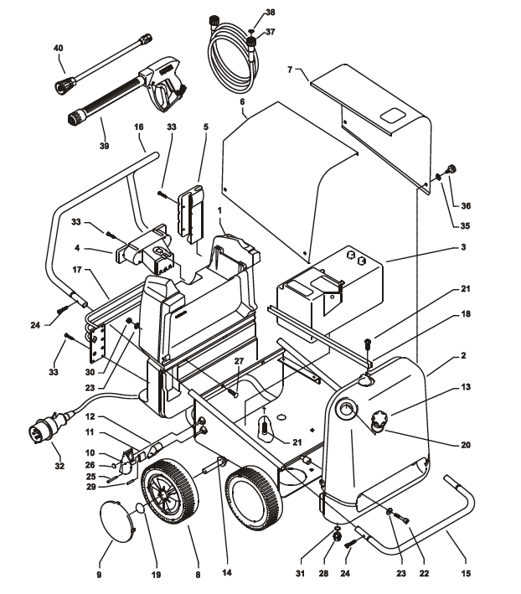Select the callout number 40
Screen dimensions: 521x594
(x=59, y=48)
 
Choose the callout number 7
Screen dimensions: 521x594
(x=290, y=70)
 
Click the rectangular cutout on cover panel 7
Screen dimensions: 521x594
(x=393, y=115)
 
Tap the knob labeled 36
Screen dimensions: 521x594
(x=451, y=169)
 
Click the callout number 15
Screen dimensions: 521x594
(x=466, y=574)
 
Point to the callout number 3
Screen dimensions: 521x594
(x=463, y=247)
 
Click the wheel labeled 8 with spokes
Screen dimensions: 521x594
(x=169, y=492)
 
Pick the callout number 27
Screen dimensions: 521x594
(x=239, y=361)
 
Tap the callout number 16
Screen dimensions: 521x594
(x=139, y=127)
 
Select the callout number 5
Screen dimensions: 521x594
(x=205, y=127)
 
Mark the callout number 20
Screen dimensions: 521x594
(x=466, y=445)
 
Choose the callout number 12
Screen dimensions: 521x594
(x=90, y=416)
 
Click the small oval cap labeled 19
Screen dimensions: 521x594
(x=140, y=507)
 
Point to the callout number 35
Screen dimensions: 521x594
(x=465, y=225)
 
